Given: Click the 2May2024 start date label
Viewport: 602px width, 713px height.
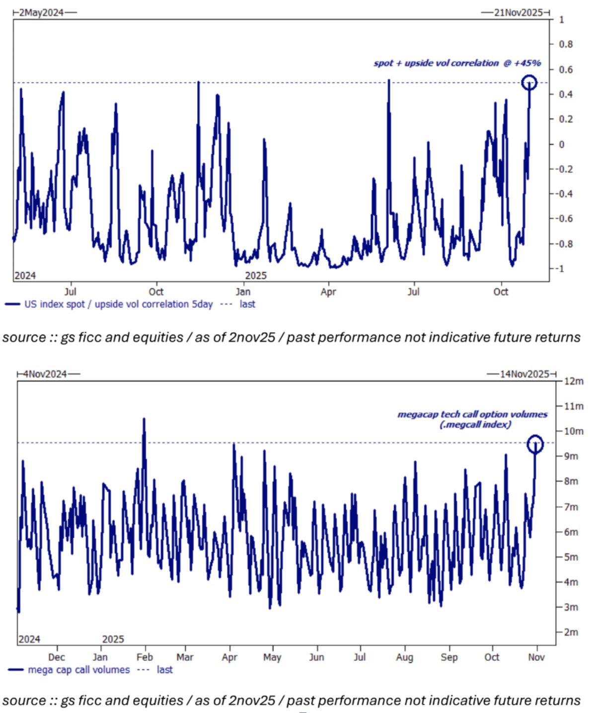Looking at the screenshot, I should pyautogui.click(x=41, y=12).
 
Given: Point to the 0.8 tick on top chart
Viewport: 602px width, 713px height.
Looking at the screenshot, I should pyautogui.click(x=566, y=44).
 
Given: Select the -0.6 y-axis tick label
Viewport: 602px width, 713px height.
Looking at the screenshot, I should pyautogui.click(x=564, y=218).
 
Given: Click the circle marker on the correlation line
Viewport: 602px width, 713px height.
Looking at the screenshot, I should pyautogui.click(x=529, y=82).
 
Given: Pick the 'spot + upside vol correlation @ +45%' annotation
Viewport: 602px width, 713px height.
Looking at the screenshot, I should pyautogui.click(x=457, y=63).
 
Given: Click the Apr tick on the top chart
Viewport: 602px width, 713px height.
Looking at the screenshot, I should pyautogui.click(x=328, y=292).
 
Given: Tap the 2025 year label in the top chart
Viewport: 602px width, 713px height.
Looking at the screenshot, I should pyautogui.click(x=256, y=276).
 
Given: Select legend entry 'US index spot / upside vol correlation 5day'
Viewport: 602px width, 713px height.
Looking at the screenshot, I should pyautogui.click(x=118, y=304).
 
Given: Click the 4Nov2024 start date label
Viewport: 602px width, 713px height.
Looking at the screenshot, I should pyautogui.click(x=45, y=374).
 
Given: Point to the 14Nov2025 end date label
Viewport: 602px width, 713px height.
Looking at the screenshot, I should pyautogui.click(x=524, y=374).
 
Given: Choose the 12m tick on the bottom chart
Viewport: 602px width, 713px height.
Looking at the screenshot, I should pyautogui.click(x=574, y=381).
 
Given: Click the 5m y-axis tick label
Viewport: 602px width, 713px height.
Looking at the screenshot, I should pyautogui.click(x=571, y=557).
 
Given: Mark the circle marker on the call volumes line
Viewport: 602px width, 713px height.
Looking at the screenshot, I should pyautogui.click(x=535, y=443).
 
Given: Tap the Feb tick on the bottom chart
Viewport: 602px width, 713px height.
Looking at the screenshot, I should pyautogui.click(x=145, y=657).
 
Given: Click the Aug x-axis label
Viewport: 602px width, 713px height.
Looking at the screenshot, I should pyautogui.click(x=405, y=657).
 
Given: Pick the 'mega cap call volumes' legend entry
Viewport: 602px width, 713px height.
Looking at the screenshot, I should pyautogui.click(x=78, y=670).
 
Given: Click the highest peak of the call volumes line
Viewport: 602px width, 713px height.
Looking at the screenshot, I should pyautogui.click(x=144, y=419).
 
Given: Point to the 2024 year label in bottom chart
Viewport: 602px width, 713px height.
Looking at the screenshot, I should pyautogui.click(x=29, y=639).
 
